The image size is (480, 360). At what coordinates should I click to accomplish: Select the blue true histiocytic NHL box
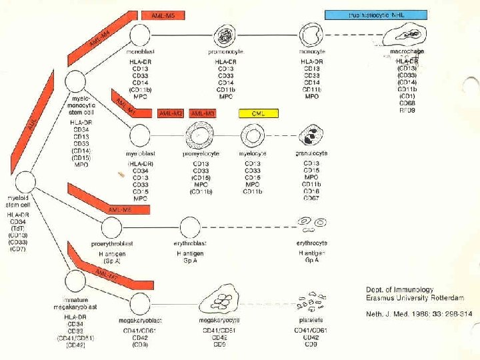coord(375,15)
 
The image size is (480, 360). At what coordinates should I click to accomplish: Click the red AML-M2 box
coord(171,114)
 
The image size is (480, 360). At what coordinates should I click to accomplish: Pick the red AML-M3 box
coord(204,114)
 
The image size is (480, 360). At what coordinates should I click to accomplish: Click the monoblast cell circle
coord(139,35)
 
